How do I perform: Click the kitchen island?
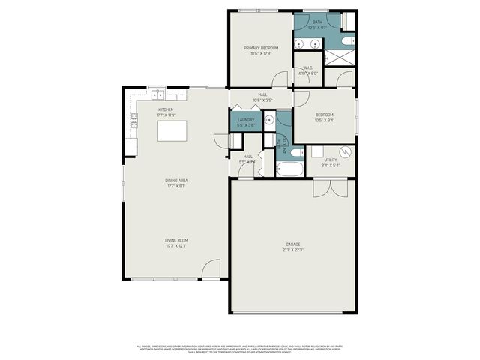(x=171, y=132)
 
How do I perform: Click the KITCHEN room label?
(x=166, y=110)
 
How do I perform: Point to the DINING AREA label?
(x=176, y=181)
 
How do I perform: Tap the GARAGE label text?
(x=292, y=244)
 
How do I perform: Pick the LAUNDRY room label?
(x=246, y=119)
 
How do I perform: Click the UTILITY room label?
(x=331, y=160)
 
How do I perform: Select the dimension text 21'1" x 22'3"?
(x=292, y=250)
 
